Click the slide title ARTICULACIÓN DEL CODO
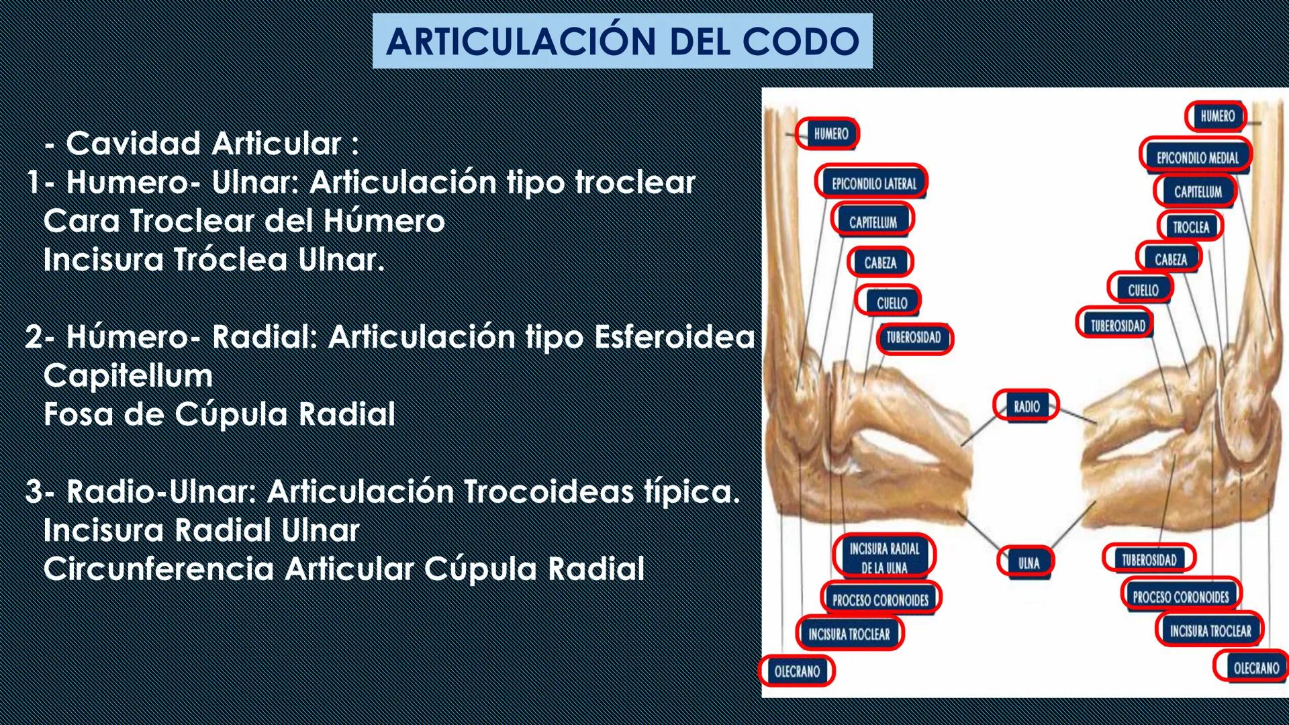tap(622, 41)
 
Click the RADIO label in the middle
tap(1026, 406)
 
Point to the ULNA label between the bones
tap(1027, 563)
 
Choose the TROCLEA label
tap(1190, 227)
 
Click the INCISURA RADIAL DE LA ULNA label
tap(884, 558)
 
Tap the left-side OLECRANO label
tap(797, 671)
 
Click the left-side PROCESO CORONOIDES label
tap(880, 600)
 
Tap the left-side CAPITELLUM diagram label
tap(872, 222)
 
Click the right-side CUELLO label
tap(1142, 290)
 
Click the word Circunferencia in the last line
tap(158, 569)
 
